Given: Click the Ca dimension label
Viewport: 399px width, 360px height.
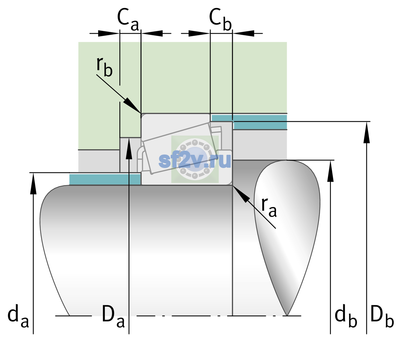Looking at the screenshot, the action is [128, 20].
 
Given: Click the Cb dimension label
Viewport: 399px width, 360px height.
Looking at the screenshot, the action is [220, 20].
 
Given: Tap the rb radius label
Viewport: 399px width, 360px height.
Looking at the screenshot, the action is [104, 67].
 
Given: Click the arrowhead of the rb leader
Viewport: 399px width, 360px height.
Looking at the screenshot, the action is [132, 106].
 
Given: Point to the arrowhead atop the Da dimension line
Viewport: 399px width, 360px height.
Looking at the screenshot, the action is [129, 148].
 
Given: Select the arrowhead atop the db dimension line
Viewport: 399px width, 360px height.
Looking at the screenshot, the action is [330, 171].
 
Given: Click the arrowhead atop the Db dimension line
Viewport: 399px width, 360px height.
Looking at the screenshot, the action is [367, 132].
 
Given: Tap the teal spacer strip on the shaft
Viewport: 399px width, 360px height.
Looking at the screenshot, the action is [105, 179].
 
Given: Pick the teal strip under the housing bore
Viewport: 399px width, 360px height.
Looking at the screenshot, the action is [249, 122].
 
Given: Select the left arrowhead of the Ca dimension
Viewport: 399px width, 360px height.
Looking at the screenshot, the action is [109, 33].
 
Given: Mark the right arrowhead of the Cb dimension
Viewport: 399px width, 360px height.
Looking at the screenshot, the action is [243, 33].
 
